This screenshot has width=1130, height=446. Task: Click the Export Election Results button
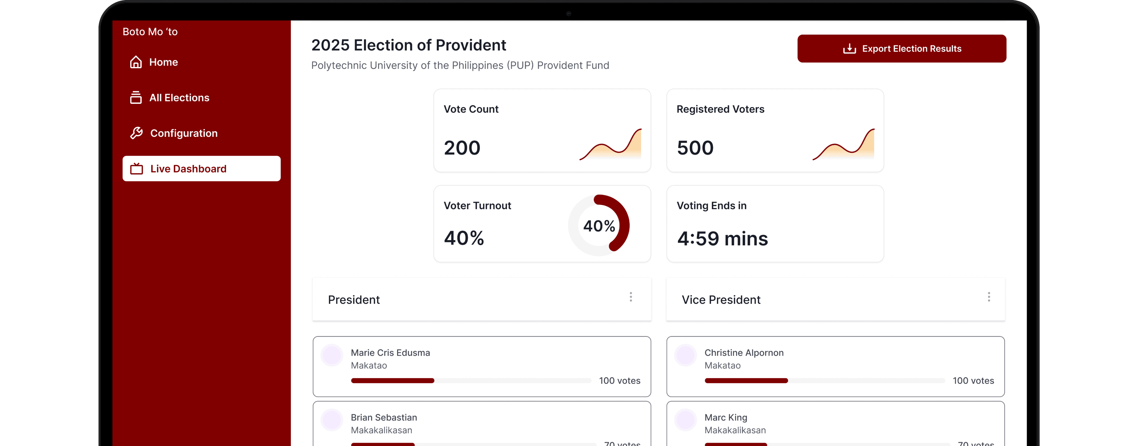coord(901,49)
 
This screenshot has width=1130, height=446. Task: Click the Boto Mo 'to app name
coord(150,31)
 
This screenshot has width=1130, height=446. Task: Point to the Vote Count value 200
coord(462,148)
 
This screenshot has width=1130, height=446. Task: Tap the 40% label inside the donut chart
coord(599,226)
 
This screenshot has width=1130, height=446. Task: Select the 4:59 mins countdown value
coord(722,239)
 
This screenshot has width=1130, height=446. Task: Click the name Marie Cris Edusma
coord(390,352)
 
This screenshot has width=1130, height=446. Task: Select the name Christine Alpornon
coord(744,352)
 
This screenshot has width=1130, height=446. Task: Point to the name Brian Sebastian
coord(383,417)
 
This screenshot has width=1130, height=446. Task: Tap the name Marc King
coord(726,417)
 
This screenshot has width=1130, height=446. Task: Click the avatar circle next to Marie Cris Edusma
coord(332,355)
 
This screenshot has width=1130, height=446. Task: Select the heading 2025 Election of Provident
coord(408,45)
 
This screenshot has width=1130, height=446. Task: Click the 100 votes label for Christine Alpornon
coord(973,381)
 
